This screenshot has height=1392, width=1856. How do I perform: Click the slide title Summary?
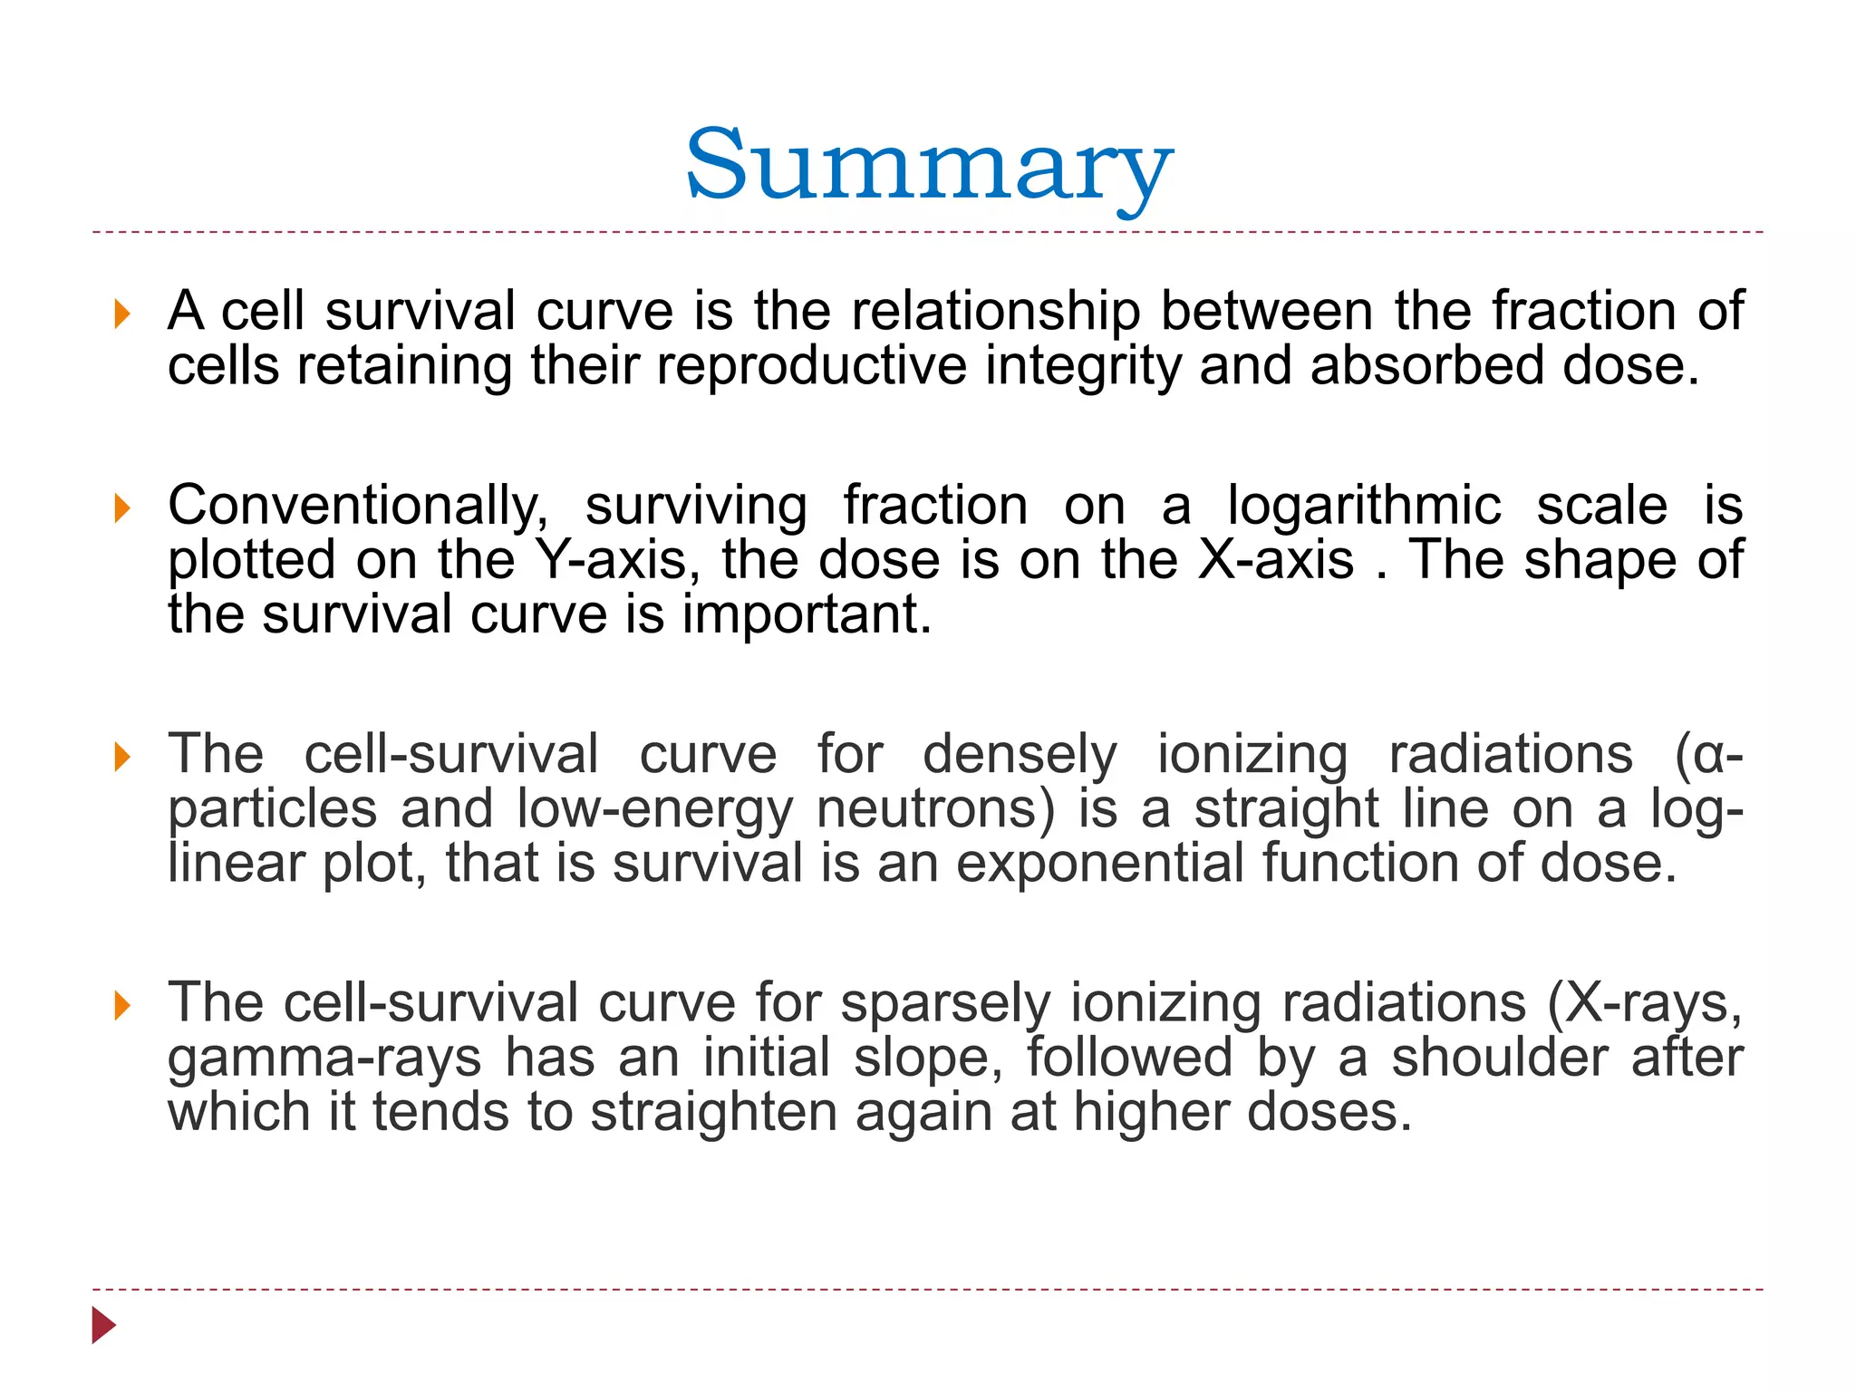click(x=928, y=168)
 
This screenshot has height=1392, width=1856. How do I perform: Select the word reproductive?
click(x=812, y=366)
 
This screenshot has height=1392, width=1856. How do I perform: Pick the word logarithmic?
click(x=1364, y=505)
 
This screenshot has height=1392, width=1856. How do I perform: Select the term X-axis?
click(x=1276, y=559)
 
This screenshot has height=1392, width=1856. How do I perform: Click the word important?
click(x=807, y=615)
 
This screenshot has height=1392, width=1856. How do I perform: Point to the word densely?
click(x=1020, y=755)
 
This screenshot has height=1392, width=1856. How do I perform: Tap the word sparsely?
click(x=945, y=1003)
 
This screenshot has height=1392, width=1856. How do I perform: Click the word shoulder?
click(x=1500, y=1058)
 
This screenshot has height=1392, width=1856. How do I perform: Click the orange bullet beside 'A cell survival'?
click(x=122, y=314)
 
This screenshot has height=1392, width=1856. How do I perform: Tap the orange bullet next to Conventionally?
click(x=122, y=508)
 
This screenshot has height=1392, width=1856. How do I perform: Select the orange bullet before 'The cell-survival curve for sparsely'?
click(x=122, y=1006)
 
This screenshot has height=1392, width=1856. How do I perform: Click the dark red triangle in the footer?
click(x=103, y=1326)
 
